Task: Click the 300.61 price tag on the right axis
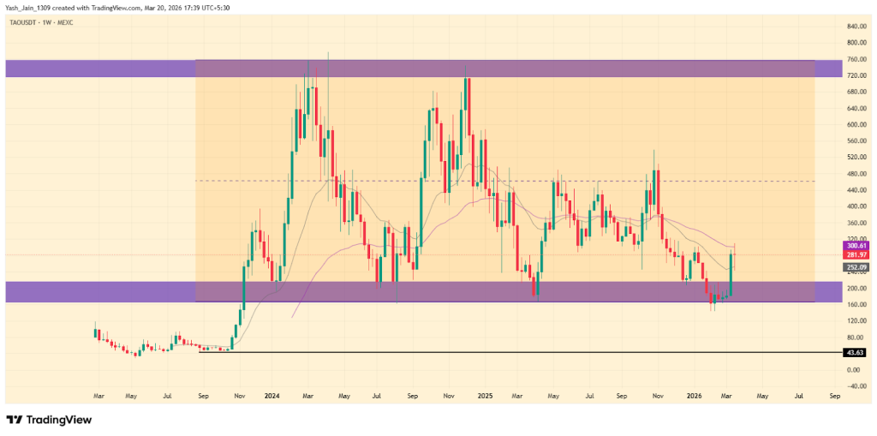[856, 245]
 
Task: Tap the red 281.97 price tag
[856, 254]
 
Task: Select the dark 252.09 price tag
[856, 267]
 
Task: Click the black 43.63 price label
[855, 352]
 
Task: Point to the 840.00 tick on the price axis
[856, 27]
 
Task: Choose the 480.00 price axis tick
[856, 173]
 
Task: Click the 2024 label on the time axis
[272, 397]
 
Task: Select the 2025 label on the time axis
[485, 397]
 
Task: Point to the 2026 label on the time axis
[695, 397]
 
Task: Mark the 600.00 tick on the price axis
[856, 124]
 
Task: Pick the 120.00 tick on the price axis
[856, 320]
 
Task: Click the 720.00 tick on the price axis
[856, 75]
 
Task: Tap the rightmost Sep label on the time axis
[834, 397]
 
